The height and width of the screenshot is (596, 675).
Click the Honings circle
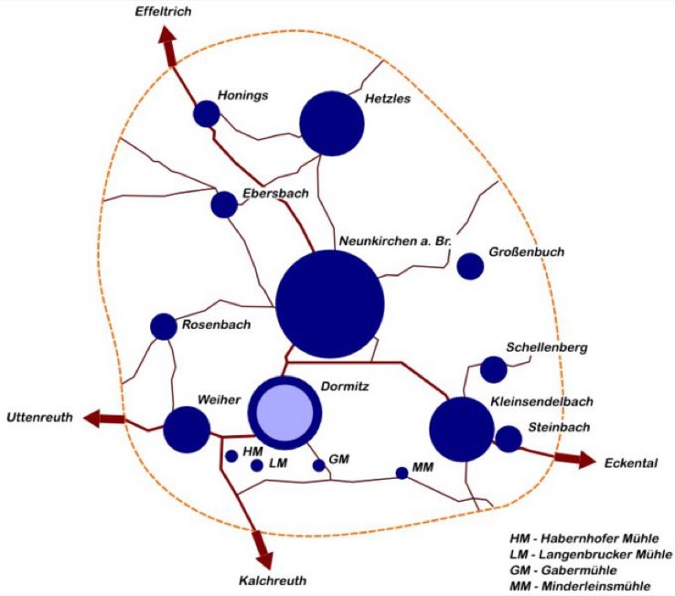(x=207, y=114)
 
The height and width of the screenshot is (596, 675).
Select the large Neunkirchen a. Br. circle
(x=330, y=303)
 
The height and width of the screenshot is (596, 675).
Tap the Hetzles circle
(x=332, y=123)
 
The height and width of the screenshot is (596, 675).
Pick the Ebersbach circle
(x=224, y=205)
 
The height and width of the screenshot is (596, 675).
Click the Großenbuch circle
(x=470, y=266)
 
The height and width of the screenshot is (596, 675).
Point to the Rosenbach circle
(x=164, y=327)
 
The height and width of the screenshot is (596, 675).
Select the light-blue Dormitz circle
(x=284, y=413)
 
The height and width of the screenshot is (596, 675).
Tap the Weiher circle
(x=186, y=430)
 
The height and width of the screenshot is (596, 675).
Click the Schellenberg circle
(x=494, y=369)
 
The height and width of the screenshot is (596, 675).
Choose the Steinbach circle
(x=509, y=439)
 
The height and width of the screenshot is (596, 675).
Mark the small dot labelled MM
(x=402, y=473)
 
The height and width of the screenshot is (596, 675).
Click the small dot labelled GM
(x=319, y=465)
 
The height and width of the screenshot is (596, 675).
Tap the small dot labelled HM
(x=231, y=456)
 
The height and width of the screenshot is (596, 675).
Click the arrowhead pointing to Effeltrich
(x=166, y=35)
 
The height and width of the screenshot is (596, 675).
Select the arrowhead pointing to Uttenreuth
(x=92, y=418)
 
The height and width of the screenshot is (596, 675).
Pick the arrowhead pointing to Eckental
(x=587, y=459)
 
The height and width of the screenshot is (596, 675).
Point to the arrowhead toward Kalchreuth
(x=265, y=561)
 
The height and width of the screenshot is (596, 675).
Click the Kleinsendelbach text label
(x=542, y=401)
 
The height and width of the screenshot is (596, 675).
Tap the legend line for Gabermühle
(x=563, y=570)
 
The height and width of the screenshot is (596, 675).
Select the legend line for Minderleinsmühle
(x=580, y=586)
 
